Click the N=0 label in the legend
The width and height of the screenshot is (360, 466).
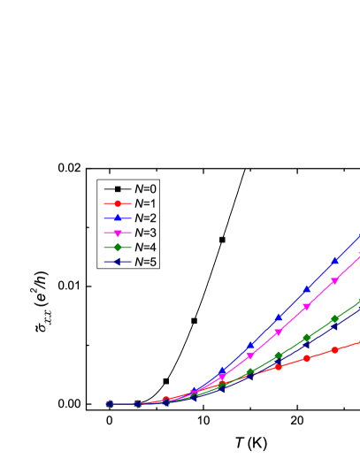point(146,189)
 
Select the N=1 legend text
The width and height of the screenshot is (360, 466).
point(146,203)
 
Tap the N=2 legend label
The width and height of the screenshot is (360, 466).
point(146,218)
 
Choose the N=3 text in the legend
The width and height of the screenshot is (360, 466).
point(146,232)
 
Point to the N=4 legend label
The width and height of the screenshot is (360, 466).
point(146,247)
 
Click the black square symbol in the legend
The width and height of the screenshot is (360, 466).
point(117,189)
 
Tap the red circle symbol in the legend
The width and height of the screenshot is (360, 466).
point(117,203)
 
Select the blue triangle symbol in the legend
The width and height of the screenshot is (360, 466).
point(117,218)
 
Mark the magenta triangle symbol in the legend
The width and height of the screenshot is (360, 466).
point(117,232)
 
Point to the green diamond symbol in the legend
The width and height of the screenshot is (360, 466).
point(117,247)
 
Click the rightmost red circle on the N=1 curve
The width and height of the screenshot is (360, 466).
point(336,349)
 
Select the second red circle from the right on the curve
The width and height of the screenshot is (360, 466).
point(307,358)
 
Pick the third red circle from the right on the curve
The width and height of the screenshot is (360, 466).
point(279,366)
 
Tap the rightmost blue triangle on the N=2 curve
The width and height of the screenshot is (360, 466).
point(335,261)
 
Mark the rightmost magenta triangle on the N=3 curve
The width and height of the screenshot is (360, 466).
point(334,281)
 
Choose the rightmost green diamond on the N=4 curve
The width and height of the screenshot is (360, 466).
point(335,318)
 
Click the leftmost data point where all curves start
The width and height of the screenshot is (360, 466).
point(110,403)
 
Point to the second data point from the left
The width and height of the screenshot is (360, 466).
point(137,403)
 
